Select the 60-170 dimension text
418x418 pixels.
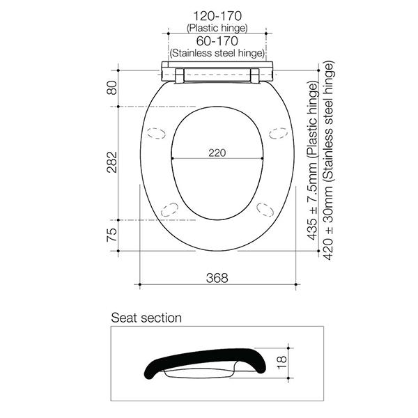click(x=217, y=40)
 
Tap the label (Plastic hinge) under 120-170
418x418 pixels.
click(x=217, y=27)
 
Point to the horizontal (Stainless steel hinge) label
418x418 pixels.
click(x=217, y=53)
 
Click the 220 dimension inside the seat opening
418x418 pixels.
click(x=217, y=153)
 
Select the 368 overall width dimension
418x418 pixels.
click(x=217, y=277)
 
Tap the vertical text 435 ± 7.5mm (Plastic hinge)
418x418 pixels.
click(x=313, y=161)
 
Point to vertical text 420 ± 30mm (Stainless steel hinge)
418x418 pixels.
click(x=330, y=159)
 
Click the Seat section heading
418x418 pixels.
click(x=146, y=318)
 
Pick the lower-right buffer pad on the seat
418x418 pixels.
click(x=265, y=207)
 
